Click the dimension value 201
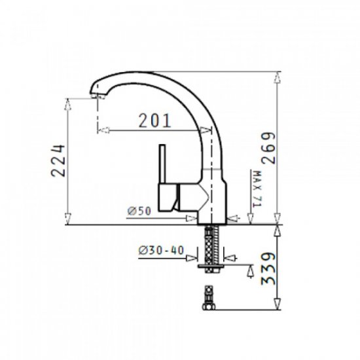tap(155, 120)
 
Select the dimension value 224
tap(58, 160)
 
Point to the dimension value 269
tap(268, 148)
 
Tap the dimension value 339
tap(268, 268)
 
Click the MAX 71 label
tap(257, 189)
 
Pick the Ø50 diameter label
tap(139, 211)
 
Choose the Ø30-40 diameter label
tap(161, 250)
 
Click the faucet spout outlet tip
tap(98, 96)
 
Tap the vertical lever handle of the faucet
tap(162, 164)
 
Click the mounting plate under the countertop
tap(211, 266)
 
